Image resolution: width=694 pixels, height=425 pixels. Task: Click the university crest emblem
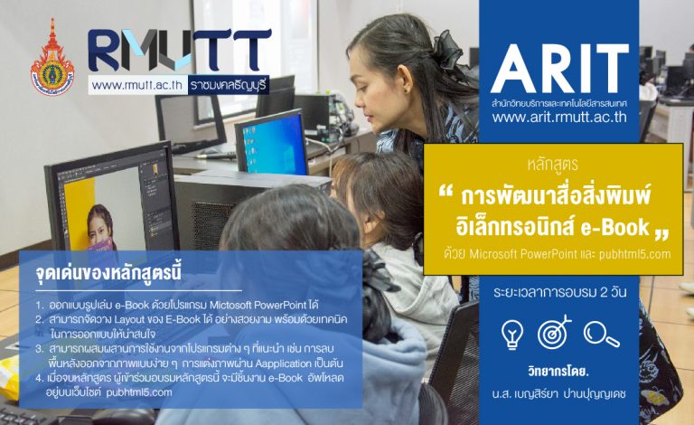point(52,58)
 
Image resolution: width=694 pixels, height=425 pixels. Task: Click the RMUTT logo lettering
point(180,50)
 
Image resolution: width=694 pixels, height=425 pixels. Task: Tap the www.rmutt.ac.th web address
point(137,85)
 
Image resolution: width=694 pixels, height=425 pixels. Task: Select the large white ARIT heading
point(559,69)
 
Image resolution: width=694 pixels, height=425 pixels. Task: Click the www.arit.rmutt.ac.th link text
point(559,117)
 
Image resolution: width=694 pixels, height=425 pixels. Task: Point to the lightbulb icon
point(512,335)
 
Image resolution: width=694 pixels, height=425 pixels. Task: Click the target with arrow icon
point(554,332)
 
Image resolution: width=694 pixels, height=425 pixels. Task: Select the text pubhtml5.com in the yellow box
point(634,255)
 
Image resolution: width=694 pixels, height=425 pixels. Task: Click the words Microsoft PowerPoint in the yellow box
point(523,255)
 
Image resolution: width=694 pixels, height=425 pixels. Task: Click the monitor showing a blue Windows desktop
point(271,144)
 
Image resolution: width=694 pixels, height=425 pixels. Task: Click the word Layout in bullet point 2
point(130,319)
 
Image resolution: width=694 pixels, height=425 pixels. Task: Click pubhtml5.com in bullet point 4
point(139,392)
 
